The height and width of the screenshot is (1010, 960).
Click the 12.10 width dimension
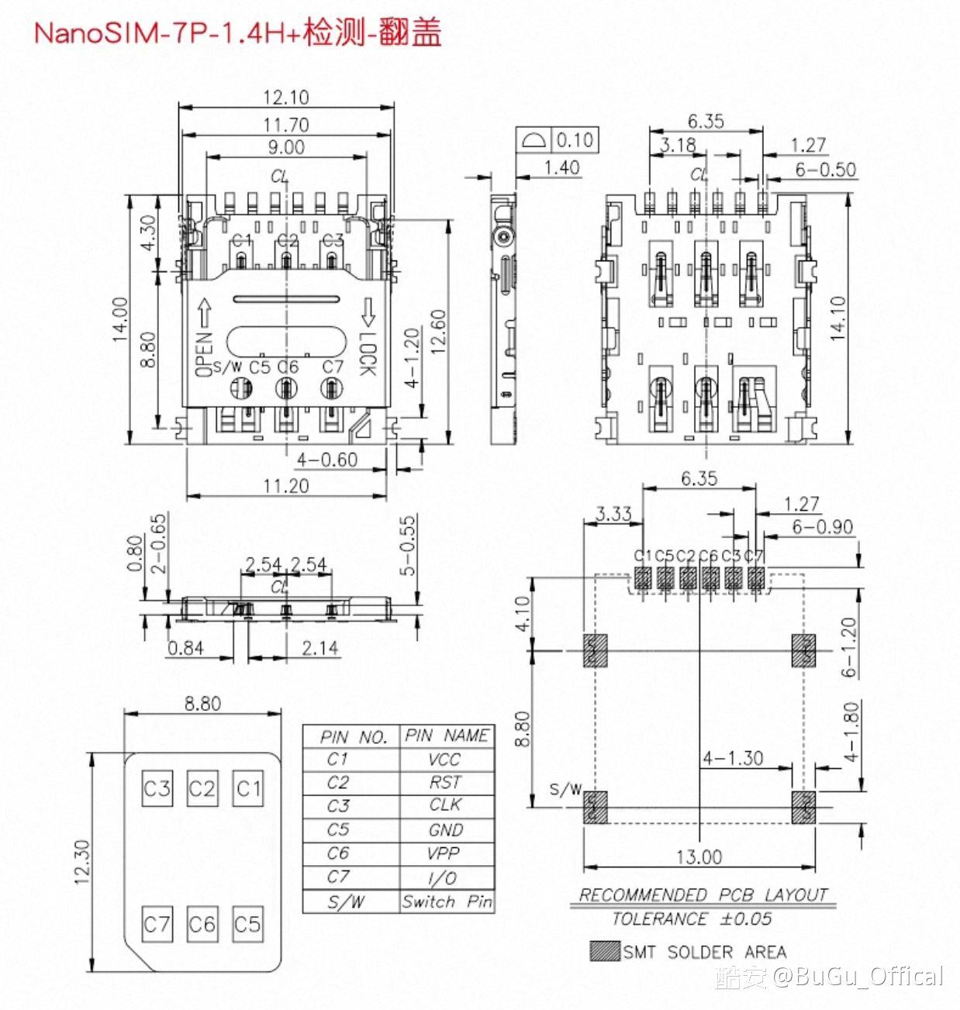(285, 98)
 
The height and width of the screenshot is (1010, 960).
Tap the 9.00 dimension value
(285, 147)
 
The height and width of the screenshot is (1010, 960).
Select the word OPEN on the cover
(204, 355)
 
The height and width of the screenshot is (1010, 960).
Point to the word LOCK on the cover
(367, 354)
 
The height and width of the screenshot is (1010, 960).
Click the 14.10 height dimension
(838, 319)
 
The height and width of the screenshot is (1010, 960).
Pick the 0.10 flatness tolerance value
(575, 140)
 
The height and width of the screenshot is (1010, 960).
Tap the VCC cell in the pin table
(445, 760)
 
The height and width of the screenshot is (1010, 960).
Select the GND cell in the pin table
(445, 830)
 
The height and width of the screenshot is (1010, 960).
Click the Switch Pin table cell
(447, 902)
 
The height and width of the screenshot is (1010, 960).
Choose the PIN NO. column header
(354, 737)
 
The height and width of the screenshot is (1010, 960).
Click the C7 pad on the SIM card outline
(157, 924)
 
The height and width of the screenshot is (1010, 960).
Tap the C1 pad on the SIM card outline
(248, 789)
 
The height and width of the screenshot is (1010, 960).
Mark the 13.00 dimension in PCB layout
(699, 857)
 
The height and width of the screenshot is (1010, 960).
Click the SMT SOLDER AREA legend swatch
(605, 951)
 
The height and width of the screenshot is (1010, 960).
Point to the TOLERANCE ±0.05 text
(692, 919)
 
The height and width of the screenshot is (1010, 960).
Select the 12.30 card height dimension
(82, 861)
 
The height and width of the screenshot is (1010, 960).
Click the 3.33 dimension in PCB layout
(613, 514)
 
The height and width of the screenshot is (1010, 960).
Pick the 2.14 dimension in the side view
(319, 648)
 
